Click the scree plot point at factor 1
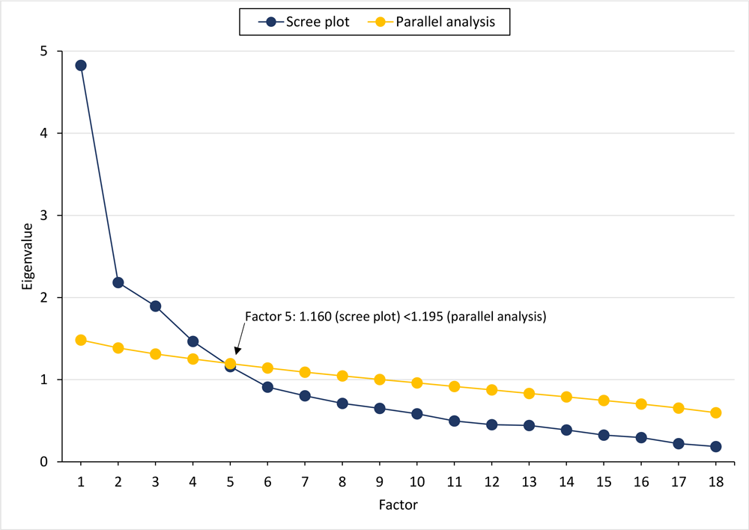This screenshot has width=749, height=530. (80, 65)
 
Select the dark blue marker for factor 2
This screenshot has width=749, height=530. (118, 282)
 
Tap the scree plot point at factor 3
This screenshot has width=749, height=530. (155, 306)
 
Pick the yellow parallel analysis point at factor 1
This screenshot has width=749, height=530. (80, 340)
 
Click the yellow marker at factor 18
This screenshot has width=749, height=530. (715, 412)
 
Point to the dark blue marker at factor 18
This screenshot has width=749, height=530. (715, 446)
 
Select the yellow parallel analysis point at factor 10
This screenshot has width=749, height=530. (416, 383)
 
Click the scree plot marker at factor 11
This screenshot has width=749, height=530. (454, 421)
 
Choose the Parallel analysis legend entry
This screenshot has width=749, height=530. (435, 22)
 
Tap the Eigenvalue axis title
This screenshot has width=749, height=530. (27, 257)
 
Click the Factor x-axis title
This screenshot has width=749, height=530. (398, 505)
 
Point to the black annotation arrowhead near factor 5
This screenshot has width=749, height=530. (237, 352)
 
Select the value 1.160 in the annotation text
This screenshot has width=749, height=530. (316, 317)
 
